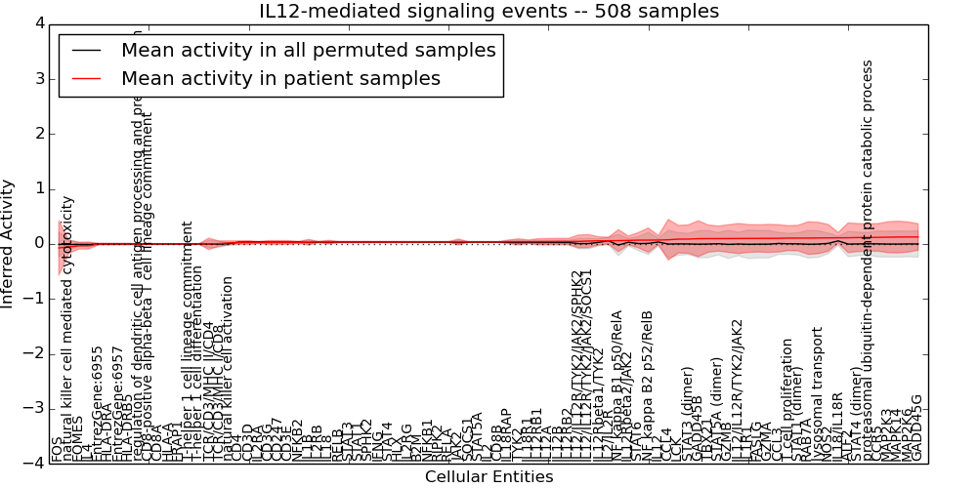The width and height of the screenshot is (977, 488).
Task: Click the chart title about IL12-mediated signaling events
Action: (x=488, y=12)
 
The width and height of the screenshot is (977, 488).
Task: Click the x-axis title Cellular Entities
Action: (x=488, y=477)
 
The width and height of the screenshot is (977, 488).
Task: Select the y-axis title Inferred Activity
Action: (x=9, y=244)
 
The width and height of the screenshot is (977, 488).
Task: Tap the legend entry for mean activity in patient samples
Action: (x=280, y=78)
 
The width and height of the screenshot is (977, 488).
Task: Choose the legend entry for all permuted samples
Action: (x=309, y=50)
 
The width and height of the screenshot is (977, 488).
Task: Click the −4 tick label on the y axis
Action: (x=34, y=464)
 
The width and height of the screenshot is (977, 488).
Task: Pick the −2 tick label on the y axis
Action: (x=34, y=353)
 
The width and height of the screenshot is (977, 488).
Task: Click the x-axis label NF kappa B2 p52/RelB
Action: (x=647, y=386)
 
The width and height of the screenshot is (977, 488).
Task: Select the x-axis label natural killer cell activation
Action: (x=228, y=368)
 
